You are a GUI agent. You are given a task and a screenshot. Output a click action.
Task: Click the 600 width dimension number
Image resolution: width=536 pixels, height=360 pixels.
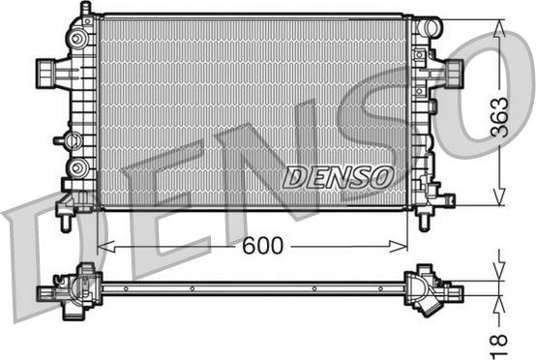click(262, 245)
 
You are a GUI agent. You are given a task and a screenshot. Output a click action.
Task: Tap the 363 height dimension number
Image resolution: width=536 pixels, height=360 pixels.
click(499, 117)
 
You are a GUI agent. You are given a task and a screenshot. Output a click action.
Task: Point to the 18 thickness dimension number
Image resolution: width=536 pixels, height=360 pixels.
click(498, 346)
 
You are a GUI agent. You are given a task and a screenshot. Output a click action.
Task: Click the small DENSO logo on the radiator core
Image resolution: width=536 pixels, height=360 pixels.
click(338, 177)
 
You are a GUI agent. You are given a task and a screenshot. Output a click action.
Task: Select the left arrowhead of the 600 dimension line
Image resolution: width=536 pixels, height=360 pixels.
click(106, 246)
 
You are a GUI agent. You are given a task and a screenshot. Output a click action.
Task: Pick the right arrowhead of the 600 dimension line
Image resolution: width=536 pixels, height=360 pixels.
click(399, 246)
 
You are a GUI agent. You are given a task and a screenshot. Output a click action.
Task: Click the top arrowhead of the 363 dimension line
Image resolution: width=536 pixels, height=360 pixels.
click(500, 28)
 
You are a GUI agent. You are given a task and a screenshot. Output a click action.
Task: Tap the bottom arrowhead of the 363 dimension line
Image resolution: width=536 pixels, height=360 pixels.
click(500, 197)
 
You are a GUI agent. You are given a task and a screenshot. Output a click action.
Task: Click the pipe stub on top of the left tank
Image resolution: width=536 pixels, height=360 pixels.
click(86, 10)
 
